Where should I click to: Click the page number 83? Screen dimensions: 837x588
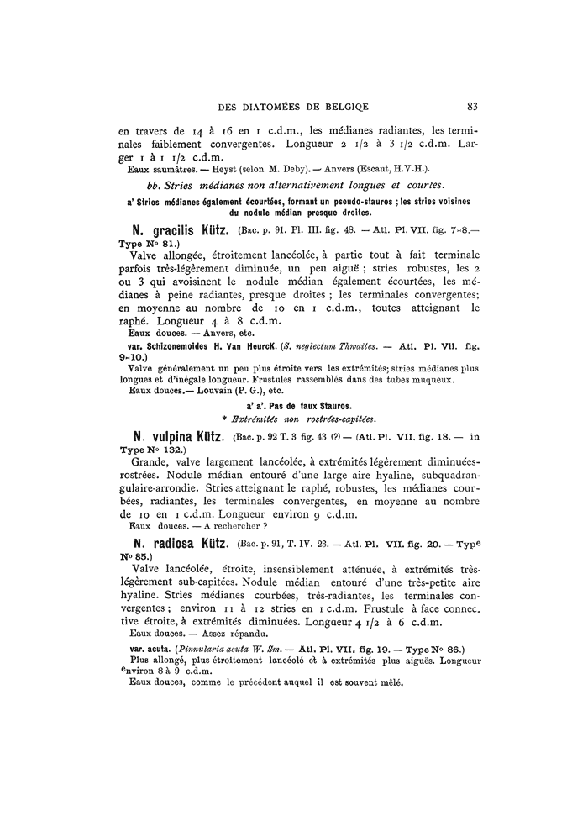472,107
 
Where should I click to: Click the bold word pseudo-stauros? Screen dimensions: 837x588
340,201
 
